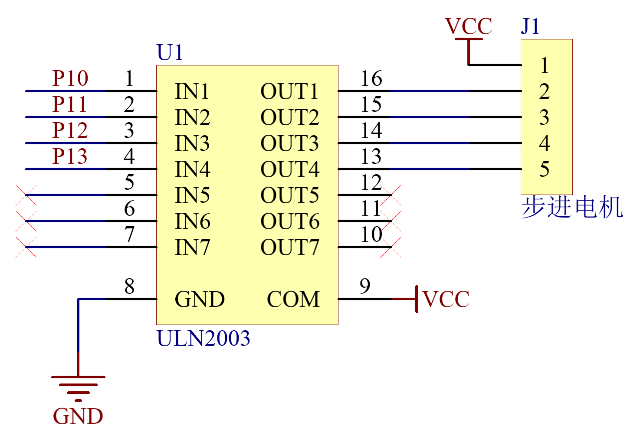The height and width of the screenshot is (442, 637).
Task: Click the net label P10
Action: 70,78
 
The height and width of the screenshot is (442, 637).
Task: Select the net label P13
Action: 70,156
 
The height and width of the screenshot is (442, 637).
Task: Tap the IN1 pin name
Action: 192,91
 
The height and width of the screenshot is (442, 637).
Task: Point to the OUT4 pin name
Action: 290,169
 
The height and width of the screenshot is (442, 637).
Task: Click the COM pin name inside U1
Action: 293,299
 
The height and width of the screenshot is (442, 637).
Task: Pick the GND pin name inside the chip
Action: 200,299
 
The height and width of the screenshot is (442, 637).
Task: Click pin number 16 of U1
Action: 371,78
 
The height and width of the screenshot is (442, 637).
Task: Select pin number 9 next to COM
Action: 365,286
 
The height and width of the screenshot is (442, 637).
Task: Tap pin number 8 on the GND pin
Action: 129,286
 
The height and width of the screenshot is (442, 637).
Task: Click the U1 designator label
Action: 170,52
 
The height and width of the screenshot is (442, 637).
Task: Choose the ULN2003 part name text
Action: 204,338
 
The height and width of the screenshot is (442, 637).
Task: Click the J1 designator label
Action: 530,26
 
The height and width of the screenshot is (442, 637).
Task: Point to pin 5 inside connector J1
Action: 544,169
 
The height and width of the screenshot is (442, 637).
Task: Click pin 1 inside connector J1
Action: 545,65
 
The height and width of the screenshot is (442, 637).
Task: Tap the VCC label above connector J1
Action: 468,26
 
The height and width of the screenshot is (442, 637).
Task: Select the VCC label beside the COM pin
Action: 446,299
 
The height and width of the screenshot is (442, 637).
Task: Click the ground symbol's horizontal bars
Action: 78,389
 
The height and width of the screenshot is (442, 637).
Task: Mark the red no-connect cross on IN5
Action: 26,195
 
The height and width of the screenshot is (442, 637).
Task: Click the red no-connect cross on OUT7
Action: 391,247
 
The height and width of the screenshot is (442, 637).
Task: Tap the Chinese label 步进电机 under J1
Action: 572,208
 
